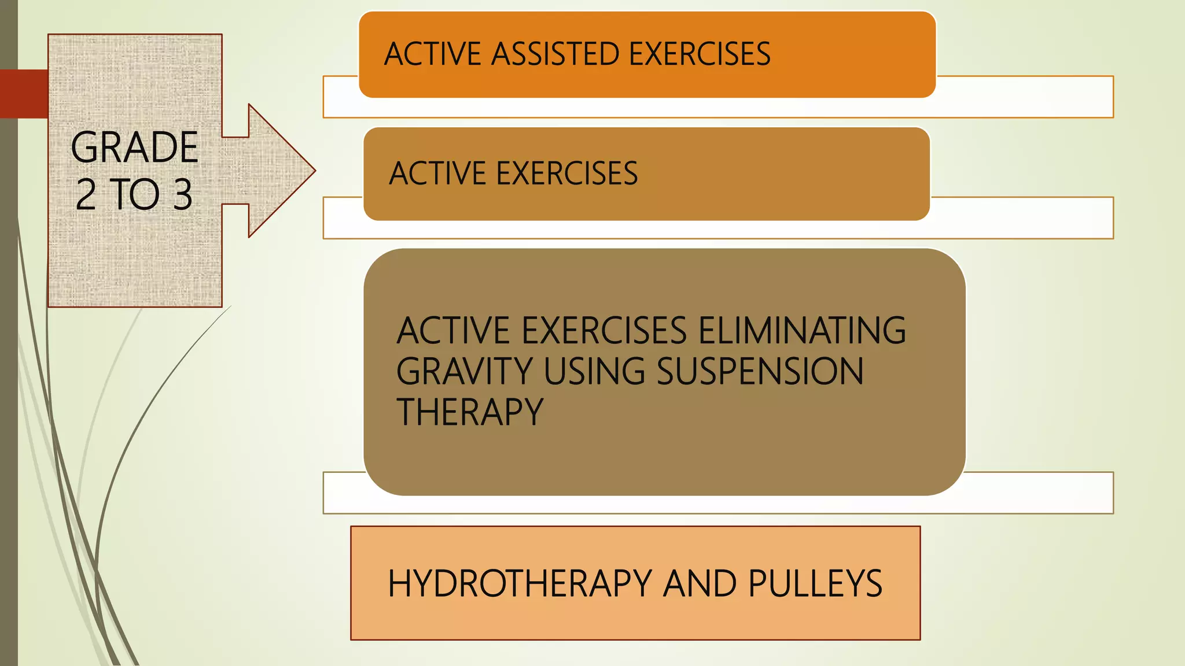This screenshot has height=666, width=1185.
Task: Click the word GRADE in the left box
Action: (x=134, y=147)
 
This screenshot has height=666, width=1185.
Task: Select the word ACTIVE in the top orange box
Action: (x=433, y=54)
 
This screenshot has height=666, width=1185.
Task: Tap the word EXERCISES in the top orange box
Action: (x=700, y=54)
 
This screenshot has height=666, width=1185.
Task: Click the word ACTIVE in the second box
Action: (x=437, y=173)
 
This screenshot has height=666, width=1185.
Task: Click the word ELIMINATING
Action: (x=802, y=331)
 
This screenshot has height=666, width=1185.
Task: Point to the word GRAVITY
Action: (x=464, y=371)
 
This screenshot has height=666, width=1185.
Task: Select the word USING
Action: (x=594, y=371)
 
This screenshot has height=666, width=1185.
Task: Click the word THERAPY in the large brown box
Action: (x=470, y=412)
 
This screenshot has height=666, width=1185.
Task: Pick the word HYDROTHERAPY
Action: (x=520, y=583)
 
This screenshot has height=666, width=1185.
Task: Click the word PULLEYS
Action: (x=815, y=583)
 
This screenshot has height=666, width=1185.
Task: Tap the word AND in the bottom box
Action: (x=700, y=583)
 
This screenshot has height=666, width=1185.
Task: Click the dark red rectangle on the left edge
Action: (x=24, y=94)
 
